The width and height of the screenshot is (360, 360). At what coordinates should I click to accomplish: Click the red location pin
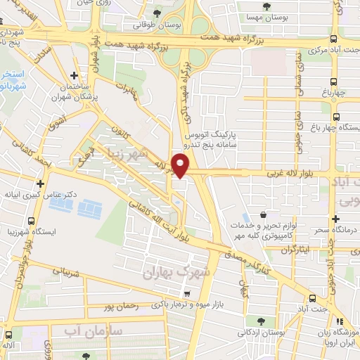point(181,165)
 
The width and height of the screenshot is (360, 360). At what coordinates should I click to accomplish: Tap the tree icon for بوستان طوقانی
point(157,13)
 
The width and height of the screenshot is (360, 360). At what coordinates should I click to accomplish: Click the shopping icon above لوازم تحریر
point(263,215)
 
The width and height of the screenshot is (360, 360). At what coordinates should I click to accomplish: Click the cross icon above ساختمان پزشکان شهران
point(75,75)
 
